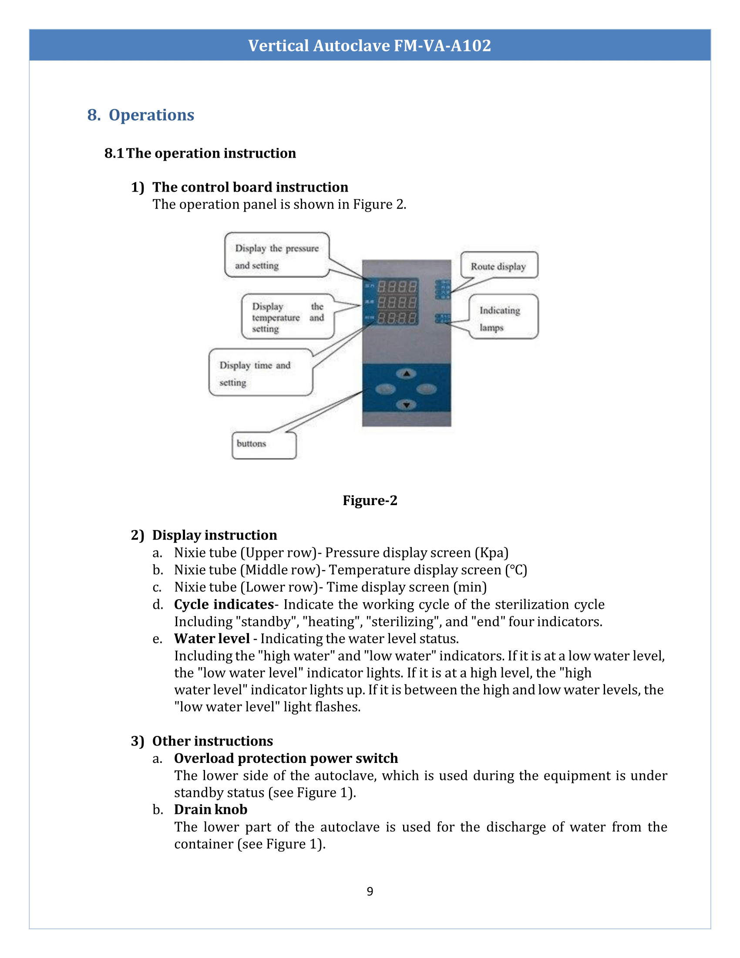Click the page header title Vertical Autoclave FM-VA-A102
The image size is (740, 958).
tap(370, 46)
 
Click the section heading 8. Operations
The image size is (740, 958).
tap(140, 115)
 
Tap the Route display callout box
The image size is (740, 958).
tap(498, 266)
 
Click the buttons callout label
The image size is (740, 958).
tap(263, 444)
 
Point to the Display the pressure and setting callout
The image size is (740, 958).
tap(276, 256)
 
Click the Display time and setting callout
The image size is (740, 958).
tap(260, 372)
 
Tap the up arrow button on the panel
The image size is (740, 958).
tap(407, 374)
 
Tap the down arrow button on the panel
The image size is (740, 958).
tap(407, 405)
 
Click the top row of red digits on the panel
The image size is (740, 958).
tap(397, 287)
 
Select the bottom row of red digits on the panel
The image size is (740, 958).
tap(397, 318)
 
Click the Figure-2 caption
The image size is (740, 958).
tap(370, 500)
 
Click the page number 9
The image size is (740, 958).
tap(370, 891)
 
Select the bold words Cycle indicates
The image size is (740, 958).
tap(224, 604)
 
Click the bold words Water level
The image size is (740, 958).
tap(212, 639)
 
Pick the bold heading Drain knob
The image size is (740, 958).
tap(210, 810)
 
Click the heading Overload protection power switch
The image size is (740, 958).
tap(286, 759)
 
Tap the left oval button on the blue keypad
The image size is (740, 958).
tap(385, 389)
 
